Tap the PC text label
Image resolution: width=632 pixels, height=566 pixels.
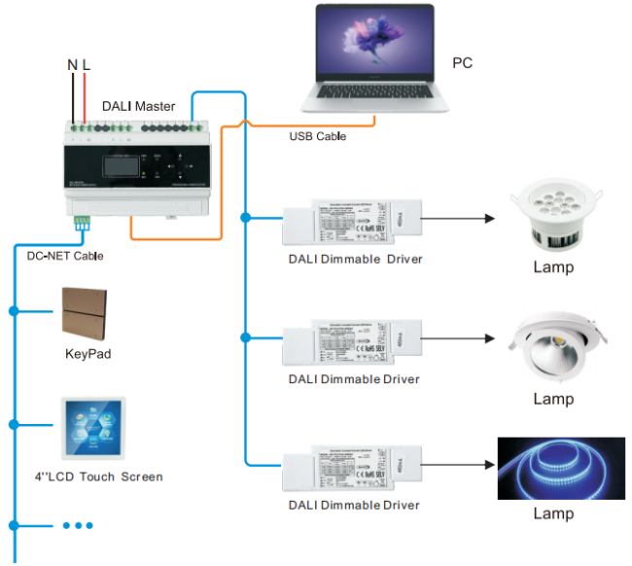click(x=463, y=63)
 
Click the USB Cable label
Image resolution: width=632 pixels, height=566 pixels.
click(x=317, y=136)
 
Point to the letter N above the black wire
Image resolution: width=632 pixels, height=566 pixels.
click(x=72, y=65)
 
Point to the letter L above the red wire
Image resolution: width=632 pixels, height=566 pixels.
click(x=87, y=65)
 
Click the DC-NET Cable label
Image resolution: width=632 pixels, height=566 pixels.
click(x=64, y=256)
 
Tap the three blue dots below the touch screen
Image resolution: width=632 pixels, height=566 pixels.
click(x=77, y=525)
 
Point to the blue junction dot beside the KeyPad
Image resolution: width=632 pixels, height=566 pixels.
click(x=15, y=311)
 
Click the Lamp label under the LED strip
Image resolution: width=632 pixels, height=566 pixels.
click(x=552, y=513)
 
